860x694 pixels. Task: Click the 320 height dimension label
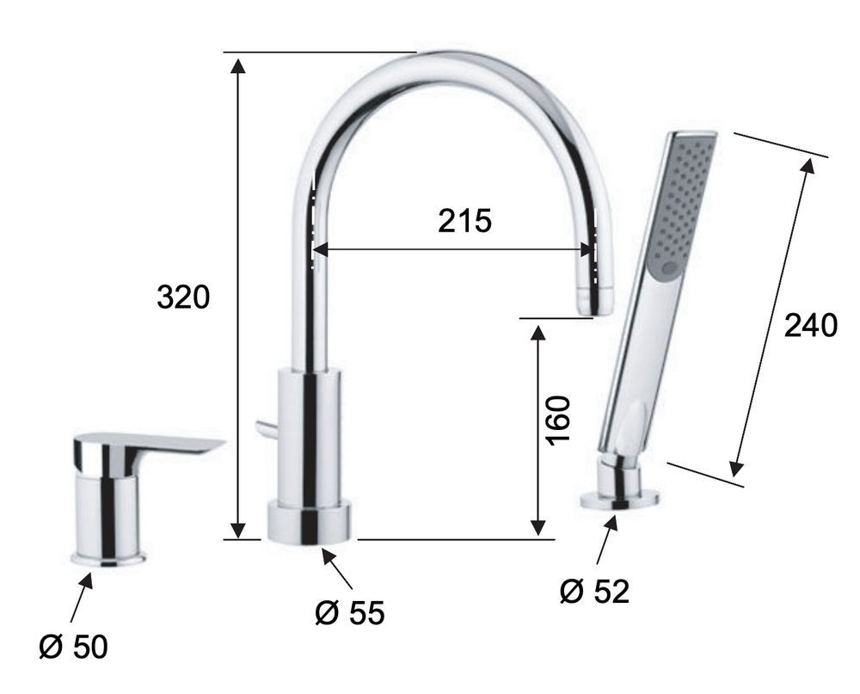coord(183,297)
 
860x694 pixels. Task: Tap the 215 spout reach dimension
coord(464,220)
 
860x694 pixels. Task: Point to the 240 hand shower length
coord(811,325)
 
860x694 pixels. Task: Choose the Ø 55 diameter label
coord(350,613)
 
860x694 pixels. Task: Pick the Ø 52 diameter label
coord(594,592)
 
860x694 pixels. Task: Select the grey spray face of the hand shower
coord(680,204)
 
